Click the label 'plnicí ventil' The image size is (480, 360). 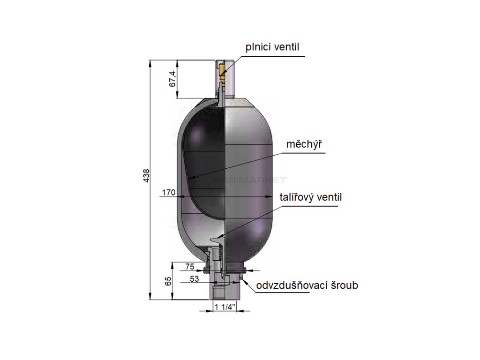pyautogui.click(x=272, y=47)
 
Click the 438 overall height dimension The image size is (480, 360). pyautogui.click(x=146, y=178)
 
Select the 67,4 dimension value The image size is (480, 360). pyautogui.click(x=172, y=79)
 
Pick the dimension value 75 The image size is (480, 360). pyautogui.click(x=190, y=266)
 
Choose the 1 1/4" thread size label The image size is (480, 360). pyautogui.click(x=225, y=307)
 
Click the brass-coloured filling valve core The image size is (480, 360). pyautogui.click(x=221, y=71)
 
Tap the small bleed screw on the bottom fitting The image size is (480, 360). pyautogui.click(x=240, y=280)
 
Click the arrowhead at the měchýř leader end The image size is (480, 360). pyautogui.click(x=191, y=179)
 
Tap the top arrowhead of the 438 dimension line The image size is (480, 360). pyautogui.click(x=150, y=62)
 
